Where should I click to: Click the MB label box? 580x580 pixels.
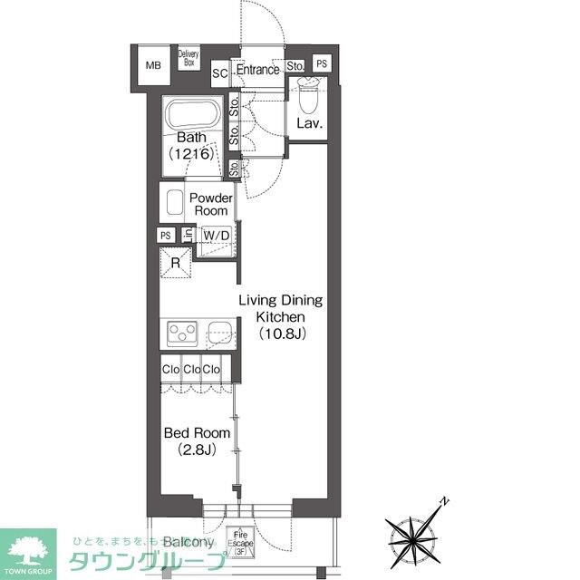coord(153,65)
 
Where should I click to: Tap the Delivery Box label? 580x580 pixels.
coord(189,59)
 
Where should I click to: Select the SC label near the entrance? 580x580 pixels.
coord(219,72)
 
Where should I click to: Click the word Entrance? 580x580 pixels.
coord(257,70)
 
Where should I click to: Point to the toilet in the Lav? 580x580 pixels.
coord(309,92)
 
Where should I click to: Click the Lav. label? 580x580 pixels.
coord(311,123)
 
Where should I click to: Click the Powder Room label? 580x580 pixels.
coord(209,204)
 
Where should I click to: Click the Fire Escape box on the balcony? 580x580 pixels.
coord(241,541)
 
